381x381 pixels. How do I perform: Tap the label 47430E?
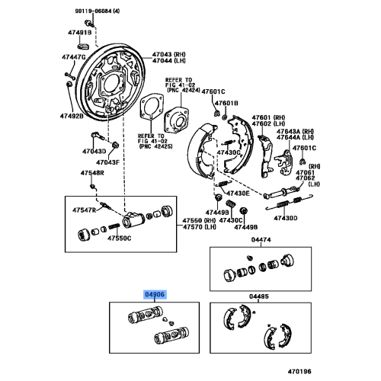(x=238, y=194)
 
